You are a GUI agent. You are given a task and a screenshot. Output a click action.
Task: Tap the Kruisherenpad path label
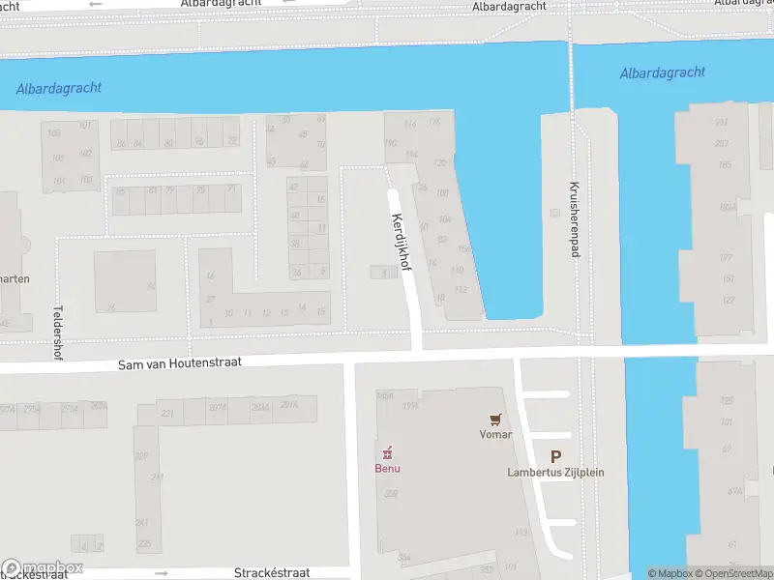pos(575,220)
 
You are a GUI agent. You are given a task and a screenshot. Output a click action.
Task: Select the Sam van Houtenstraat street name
pos(179,363)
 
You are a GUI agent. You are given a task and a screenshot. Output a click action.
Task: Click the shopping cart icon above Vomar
pos(495,420)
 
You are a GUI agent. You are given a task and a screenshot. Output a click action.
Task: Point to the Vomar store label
pos(495,435)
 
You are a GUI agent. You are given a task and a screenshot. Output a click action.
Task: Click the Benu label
pos(388,469)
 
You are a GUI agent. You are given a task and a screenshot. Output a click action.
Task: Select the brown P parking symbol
pos(555,456)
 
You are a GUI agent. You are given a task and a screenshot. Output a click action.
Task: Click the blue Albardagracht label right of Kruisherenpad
pos(663,72)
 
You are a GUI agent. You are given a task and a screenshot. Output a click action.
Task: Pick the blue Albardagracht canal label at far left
pos(59,88)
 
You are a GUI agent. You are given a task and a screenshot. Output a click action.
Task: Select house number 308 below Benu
pos(391,493)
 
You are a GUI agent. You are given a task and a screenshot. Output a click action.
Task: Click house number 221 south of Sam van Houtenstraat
pos(167,414)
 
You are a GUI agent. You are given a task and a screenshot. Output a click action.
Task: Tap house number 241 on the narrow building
pos(142,522)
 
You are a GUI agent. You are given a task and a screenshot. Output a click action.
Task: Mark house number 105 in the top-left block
pos(58,158)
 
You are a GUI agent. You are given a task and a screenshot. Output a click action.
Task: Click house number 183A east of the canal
pos(727,207)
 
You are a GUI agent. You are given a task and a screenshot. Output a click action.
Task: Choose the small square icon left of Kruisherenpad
pos(554,213)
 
